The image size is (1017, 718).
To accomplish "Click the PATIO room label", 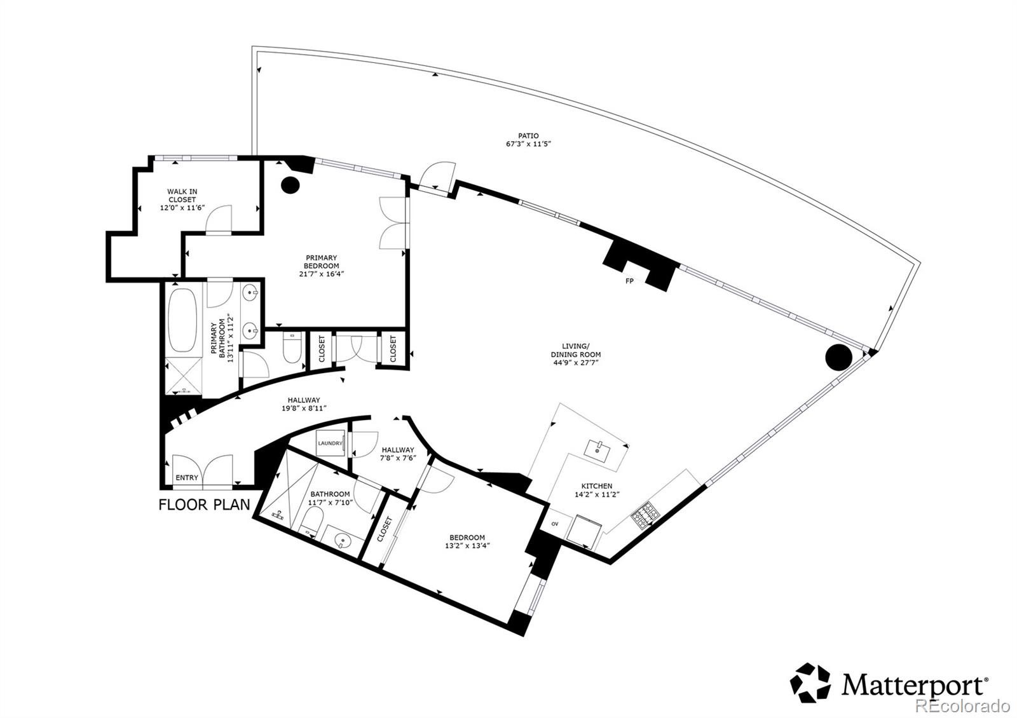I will [x=528, y=135].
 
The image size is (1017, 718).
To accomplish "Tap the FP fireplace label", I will [x=629, y=281].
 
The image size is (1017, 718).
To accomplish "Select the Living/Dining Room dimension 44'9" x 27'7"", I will [x=576, y=363].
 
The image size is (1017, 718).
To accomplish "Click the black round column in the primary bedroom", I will [x=290, y=184].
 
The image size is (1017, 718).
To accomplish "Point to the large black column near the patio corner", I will [x=838, y=357].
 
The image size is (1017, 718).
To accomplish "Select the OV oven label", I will [x=554, y=524].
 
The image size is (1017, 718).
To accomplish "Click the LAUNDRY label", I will [x=330, y=444].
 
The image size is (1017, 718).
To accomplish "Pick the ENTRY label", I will [x=187, y=478].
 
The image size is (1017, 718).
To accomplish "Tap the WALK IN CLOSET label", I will [x=182, y=195].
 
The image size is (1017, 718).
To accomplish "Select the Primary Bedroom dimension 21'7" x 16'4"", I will [x=322, y=274].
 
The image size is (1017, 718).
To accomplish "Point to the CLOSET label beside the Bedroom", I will [x=385, y=529].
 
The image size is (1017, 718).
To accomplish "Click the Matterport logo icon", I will [x=810, y=683].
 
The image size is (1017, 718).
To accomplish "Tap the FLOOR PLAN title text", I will [x=201, y=505].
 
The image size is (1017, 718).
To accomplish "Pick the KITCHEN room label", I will [x=597, y=486].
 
